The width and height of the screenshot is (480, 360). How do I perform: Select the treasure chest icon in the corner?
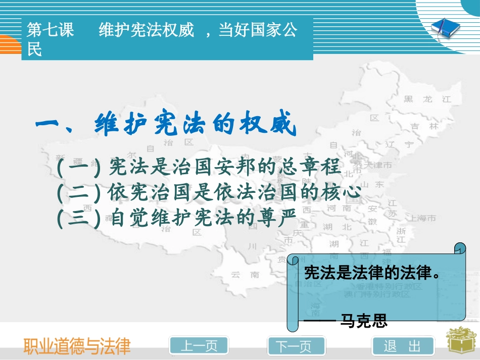coord(460,343)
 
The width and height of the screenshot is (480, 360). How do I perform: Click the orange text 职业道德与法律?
coord(77,346)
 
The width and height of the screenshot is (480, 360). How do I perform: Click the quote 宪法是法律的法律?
coord(371,273)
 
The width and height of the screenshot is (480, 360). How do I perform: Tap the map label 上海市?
coord(422,219)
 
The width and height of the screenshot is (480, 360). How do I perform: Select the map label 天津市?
coord(379,165)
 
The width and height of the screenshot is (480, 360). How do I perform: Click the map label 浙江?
coord(401,236)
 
